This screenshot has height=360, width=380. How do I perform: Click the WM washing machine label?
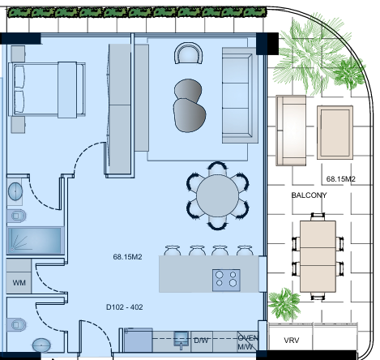click(19, 283)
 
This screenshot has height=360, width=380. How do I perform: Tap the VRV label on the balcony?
click(292, 341)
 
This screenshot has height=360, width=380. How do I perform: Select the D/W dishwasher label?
click(201, 341)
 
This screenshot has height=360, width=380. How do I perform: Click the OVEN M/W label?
click(248, 342)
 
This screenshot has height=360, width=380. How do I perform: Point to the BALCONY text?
click(309, 195)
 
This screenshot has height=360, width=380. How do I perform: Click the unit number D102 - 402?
click(125, 307)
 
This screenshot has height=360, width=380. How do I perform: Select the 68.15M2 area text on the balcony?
click(341, 179)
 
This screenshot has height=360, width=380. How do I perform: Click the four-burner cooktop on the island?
click(226, 280)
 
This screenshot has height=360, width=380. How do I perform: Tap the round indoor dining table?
click(218, 195)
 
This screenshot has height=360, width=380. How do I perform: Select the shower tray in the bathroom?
click(34, 241)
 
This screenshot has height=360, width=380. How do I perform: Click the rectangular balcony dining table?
click(318, 256)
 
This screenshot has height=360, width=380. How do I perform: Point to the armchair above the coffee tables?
click(189, 53)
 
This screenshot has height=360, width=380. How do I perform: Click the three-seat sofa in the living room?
click(239, 95)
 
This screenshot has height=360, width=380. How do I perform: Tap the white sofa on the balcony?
click(291, 130)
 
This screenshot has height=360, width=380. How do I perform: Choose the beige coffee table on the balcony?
click(335, 132)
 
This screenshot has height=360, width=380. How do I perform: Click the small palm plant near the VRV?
click(284, 304)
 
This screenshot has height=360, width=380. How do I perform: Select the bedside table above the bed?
click(18, 54)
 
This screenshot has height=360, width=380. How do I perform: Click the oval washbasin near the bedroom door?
click(15, 191)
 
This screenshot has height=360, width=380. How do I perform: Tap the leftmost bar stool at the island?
click(172, 251)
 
